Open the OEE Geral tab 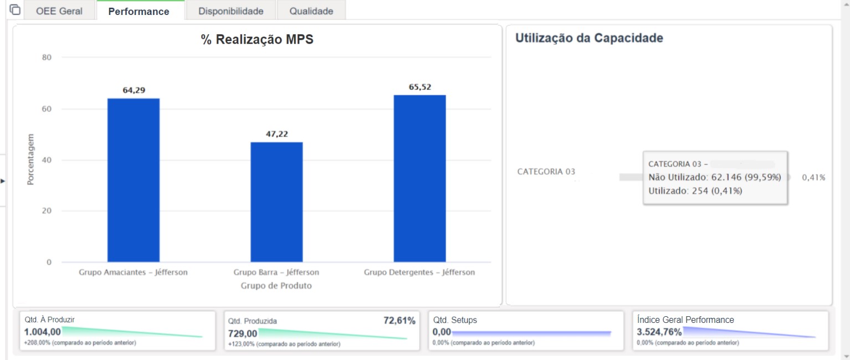tap(59, 11)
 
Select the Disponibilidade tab tap(231, 11)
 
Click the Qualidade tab tap(311, 11)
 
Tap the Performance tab tap(139, 11)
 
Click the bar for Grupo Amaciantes tap(134, 180)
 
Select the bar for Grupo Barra tap(276, 202)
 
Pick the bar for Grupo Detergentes tap(419, 179)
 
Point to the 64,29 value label tap(134, 90)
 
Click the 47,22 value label tap(277, 134)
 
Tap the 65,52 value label tap(420, 87)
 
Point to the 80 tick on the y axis tap(47, 57)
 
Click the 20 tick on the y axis tap(47, 211)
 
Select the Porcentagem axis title tap(30, 160)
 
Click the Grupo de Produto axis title tap(276, 286)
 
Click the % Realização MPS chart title tap(257, 39)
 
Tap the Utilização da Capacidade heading tap(590, 38)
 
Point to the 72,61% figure tap(400, 321)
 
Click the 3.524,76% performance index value tap(659, 332)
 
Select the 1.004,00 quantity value tap(43, 332)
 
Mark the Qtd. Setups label tap(455, 320)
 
